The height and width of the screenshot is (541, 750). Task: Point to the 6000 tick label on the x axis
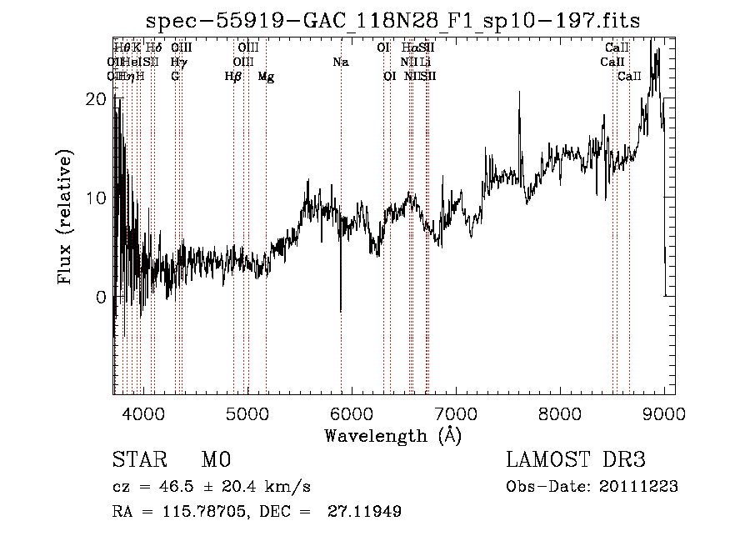(351, 414)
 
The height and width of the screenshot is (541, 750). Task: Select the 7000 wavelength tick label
(455, 414)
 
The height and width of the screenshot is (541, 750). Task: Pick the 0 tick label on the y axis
(101, 297)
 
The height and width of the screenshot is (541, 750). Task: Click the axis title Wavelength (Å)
(392, 435)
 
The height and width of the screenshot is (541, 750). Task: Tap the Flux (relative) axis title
(66, 217)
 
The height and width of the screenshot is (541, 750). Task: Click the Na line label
(340, 63)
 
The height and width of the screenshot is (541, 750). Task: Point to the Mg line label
(266, 77)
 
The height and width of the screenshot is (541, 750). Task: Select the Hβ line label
(233, 77)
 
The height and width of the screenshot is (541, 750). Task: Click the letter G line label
(175, 77)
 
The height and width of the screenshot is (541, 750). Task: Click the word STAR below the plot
(139, 460)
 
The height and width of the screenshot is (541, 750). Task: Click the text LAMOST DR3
(576, 460)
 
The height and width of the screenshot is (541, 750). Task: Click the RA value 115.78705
(207, 512)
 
